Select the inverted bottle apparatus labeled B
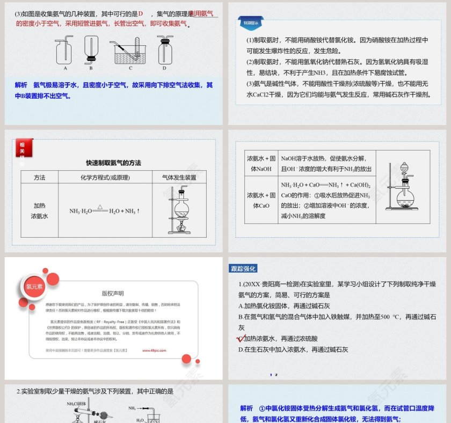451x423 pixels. coord(91,50)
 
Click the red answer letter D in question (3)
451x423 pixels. coord(141,13)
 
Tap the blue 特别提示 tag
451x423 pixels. coord(251,23)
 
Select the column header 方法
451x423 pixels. coord(40,178)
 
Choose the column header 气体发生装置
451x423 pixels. coord(179,178)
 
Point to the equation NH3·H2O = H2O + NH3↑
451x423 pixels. coord(104,211)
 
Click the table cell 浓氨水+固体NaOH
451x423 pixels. coord(261,164)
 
